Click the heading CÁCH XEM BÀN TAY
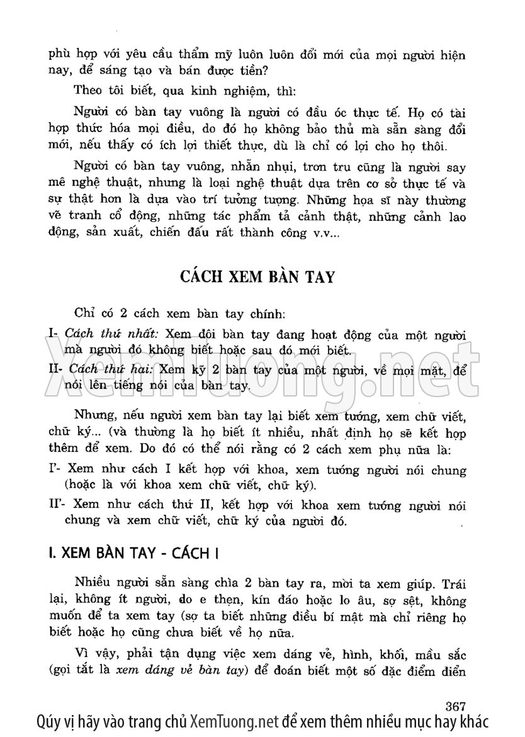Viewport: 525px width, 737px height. point(263,279)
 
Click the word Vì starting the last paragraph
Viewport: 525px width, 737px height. point(81,653)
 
